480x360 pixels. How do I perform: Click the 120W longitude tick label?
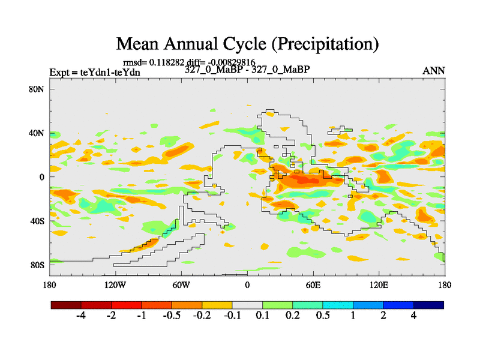coord(115,284)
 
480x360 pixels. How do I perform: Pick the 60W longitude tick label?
coord(181,284)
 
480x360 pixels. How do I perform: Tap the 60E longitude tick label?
coord(313,284)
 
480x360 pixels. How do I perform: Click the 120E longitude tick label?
coord(379,284)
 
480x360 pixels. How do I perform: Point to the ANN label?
coord(434,71)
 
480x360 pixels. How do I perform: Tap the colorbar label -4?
coord(81,316)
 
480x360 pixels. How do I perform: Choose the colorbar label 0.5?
coord(322,316)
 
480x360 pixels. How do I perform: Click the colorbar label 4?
coord(413,316)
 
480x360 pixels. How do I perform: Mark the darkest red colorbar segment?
coord(66,305)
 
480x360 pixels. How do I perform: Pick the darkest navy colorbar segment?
coord(428,305)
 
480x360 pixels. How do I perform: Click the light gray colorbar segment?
coord(247,305)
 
